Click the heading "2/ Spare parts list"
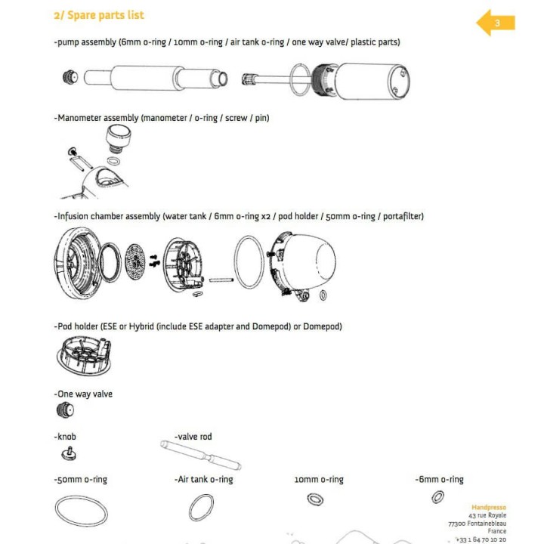(99, 15)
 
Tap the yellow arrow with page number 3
(496, 23)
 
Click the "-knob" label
(65, 437)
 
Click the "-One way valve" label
(83, 394)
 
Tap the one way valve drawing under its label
(66, 411)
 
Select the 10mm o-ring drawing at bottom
(314, 499)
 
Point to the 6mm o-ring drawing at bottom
(437, 497)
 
